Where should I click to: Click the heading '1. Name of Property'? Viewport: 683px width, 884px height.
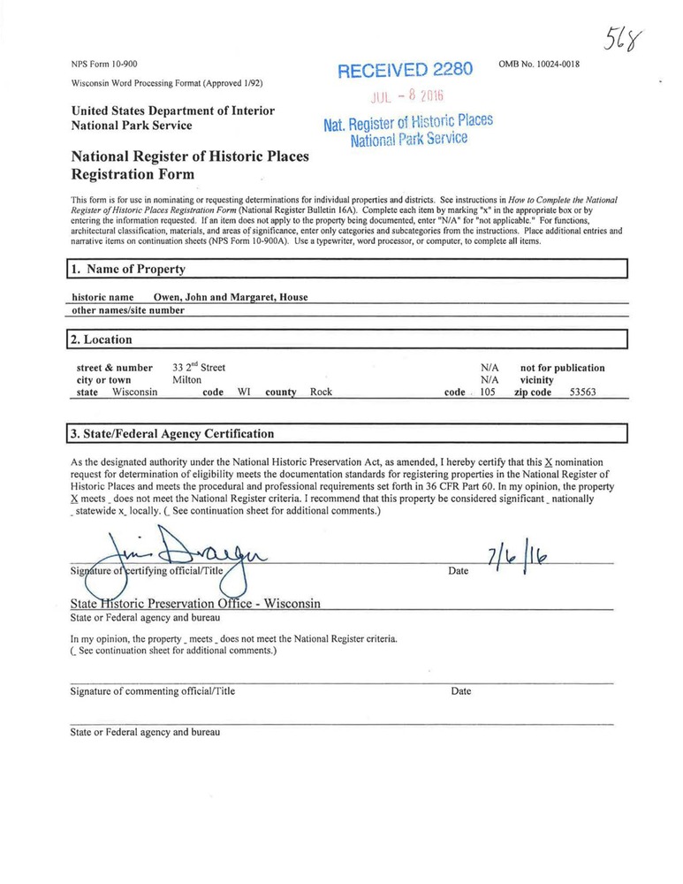coord(129,269)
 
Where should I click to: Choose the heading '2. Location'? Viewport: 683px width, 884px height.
coord(102,339)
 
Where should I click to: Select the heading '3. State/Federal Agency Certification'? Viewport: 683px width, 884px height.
coord(173,434)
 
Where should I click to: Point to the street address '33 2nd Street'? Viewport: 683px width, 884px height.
coord(199,368)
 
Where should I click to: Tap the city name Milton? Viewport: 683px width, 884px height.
coord(186,380)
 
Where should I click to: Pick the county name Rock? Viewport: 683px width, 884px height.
coord(321,392)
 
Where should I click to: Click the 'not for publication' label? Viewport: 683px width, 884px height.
coord(563,368)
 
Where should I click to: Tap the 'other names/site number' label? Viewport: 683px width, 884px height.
coord(127,310)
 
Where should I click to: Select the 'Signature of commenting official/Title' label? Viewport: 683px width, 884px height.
coord(153,691)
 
